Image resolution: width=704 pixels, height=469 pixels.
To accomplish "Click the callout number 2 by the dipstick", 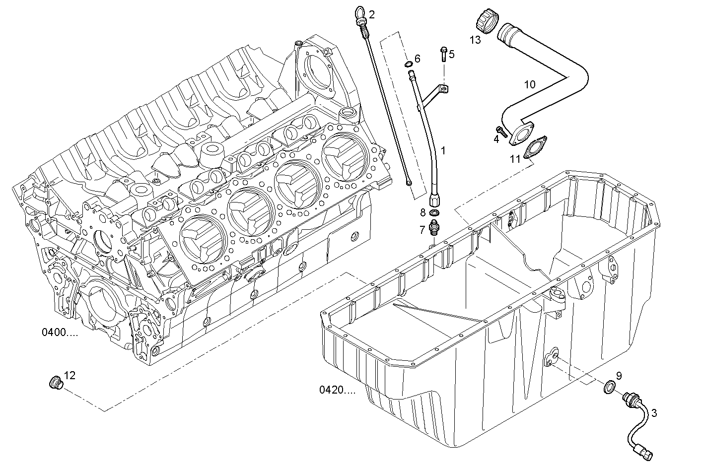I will click(372, 14).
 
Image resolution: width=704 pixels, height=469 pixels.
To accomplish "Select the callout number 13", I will click(475, 40).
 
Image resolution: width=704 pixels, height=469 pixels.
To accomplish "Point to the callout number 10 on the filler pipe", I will click(530, 84).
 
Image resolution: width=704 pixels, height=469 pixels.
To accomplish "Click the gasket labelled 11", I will click(534, 147).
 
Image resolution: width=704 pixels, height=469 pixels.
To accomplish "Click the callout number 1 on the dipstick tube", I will click(443, 150).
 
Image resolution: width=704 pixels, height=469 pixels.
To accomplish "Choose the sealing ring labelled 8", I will click(434, 213).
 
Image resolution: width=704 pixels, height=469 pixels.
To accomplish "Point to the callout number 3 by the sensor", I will click(654, 413).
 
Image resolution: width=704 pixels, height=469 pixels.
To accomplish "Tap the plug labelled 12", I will click(56, 383).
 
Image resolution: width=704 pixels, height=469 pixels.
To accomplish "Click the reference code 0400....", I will click(60, 333).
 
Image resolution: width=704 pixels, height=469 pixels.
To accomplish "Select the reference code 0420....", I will click(338, 390).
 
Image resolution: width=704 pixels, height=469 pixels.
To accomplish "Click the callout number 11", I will click(515, 159).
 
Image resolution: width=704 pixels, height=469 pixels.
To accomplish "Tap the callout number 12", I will click(70, 375).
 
